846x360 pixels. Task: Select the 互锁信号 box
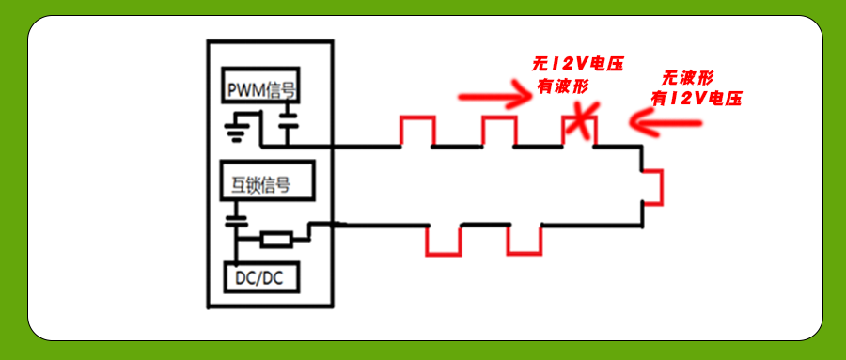tap(262, 181)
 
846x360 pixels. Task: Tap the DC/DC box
tap(262, 277)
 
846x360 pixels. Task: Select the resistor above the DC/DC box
tap(276, 240)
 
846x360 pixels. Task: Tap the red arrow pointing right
tap(494, 95)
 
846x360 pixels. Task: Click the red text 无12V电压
tap(577, 64)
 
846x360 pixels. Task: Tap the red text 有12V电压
tap(696, 98)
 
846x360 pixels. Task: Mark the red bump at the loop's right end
tap(654, 185)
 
